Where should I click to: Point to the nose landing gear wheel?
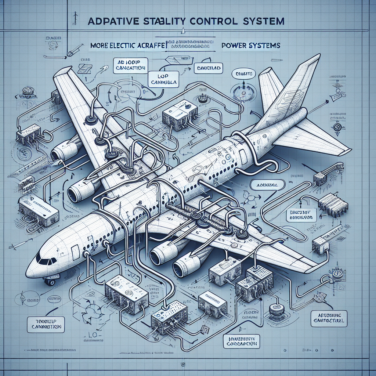tap(50, 282)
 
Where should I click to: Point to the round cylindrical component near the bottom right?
tap(275, 310)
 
